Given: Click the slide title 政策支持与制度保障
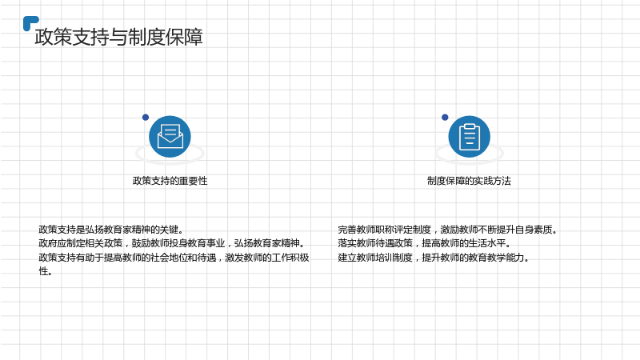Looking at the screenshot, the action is (118, 37).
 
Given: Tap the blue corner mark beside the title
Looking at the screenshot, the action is (30, 22).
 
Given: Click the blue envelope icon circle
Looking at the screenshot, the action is (170, 136).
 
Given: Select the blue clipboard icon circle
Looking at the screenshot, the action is (470, 136).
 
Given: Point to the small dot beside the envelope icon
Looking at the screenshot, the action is (146, 117).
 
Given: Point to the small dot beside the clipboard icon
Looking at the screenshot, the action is (445, 117).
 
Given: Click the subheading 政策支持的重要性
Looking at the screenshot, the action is (170, 181).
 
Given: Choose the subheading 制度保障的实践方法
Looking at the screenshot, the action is (469, 181).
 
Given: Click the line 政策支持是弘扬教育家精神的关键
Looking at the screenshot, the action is (111, 230).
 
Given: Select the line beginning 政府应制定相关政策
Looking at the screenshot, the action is (172, 243).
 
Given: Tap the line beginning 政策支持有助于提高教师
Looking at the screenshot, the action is (174, 258).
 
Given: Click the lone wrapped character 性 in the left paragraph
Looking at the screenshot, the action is (43, 271).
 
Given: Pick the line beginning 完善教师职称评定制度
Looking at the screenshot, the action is (447, 230).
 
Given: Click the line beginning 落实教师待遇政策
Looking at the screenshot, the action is (424, 243).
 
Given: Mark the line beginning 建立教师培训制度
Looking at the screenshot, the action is (434, 258).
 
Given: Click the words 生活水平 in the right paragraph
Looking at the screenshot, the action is (487, 243).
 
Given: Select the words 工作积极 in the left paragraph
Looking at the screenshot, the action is (290, 258).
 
